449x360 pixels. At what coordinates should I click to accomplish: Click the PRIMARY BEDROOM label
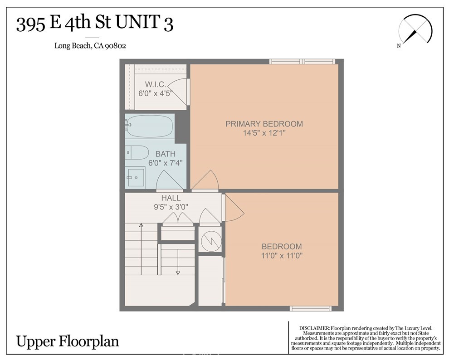(264, 124)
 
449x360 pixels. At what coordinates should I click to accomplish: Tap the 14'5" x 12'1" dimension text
(264, 133)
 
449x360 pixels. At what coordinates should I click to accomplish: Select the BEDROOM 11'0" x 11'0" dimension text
(282, 255)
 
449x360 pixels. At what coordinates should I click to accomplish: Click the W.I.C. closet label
(155, 84)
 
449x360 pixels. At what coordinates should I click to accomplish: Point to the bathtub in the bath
(150, 126)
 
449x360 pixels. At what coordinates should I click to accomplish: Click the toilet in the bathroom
(137, 152)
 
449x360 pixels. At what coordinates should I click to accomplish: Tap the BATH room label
(165, 154)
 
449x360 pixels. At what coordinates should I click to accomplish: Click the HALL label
(171, 198)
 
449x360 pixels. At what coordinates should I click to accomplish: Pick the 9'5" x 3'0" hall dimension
(171, 207)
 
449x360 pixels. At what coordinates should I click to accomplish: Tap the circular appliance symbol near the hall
(210, 238)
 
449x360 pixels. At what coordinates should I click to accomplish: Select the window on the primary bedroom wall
(302, 62)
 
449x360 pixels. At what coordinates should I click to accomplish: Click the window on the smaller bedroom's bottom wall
(311, 309)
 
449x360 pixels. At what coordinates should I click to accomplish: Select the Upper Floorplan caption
(68, 341)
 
